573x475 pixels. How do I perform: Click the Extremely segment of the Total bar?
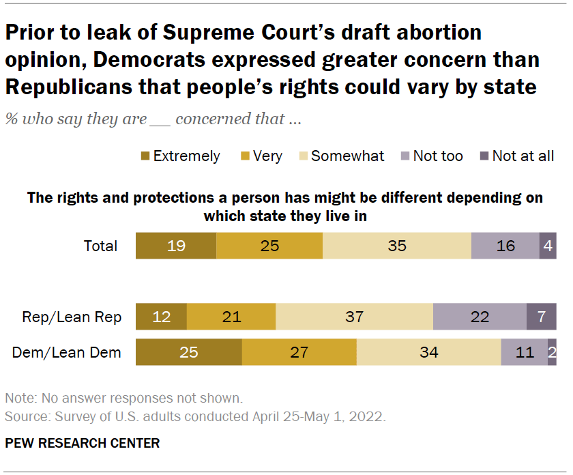pos(176,246)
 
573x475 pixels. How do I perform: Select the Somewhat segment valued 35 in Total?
pos(397,246)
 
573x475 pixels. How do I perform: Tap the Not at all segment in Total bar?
pos(548,246)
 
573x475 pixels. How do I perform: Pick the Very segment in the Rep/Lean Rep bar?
pos(231,317)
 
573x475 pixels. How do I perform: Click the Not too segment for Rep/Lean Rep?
pos(480,317)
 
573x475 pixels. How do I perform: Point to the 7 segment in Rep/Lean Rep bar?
pos(541,317)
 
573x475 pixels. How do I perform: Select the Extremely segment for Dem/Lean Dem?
pos(189,352)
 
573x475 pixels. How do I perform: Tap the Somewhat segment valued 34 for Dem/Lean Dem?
pos(428,352)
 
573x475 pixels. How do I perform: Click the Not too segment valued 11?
pos(524,352)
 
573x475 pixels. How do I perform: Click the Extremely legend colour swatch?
pos(145,156)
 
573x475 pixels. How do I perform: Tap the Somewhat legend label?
pos(347,156)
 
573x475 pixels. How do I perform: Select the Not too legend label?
pos(438,156)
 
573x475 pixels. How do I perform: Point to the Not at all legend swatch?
pos(484,156)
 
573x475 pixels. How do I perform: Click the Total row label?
pos(100,246)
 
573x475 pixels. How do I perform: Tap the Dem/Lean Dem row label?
pos(67,352)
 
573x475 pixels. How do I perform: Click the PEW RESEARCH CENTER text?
pos(82,443)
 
